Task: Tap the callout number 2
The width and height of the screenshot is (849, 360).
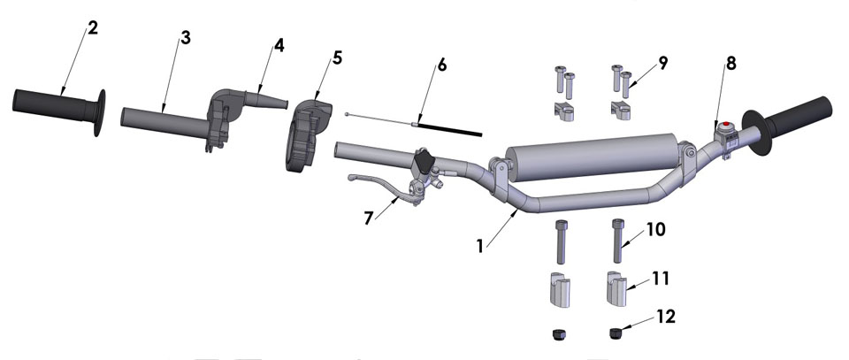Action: pos(93,28)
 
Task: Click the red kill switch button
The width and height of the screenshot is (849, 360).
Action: pos(725,126)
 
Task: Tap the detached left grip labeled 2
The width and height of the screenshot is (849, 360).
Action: pos(53,103)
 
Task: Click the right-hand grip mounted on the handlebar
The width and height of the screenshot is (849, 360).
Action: pos(800,115)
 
